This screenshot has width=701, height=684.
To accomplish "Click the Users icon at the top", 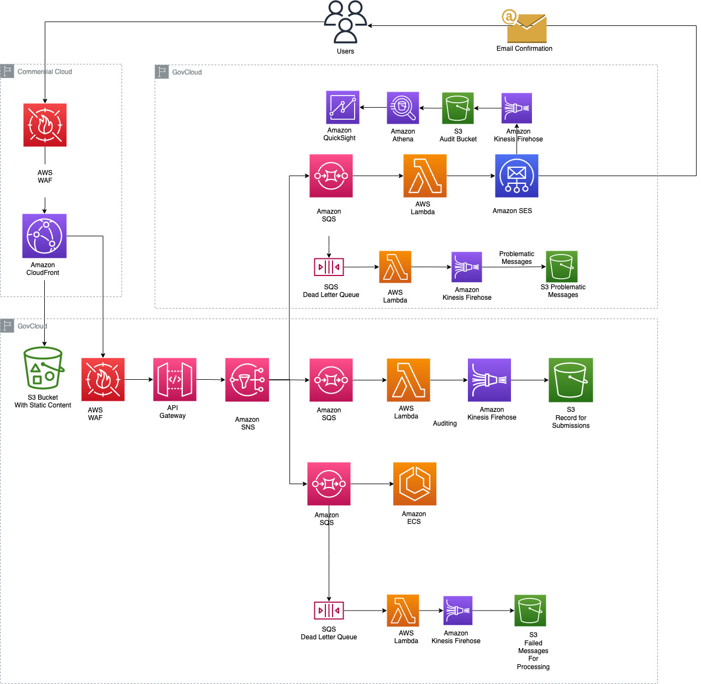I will coord(345,22).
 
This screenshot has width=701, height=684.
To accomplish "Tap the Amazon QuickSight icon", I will coord(342,107).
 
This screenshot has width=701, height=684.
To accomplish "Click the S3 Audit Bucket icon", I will coord(458,108).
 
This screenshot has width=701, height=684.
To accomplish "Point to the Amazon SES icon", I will coord(516,176).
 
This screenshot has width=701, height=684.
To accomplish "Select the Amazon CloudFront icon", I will coord(44,236).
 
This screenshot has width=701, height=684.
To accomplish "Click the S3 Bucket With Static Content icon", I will coord(43,368).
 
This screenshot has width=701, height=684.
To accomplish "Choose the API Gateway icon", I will coord(175,379).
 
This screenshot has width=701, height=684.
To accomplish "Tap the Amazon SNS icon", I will coord(247,379).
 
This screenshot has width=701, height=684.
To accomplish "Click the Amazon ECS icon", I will coord(414,484).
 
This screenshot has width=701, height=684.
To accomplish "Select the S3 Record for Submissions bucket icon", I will coord(571,380).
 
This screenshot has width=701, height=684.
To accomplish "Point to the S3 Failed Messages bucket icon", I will coord(530,610).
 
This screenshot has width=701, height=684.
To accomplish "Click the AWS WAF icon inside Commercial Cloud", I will coord(45,125).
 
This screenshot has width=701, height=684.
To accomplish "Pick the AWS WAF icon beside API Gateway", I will coord(103,379).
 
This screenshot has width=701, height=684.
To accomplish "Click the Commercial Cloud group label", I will coord(44,72).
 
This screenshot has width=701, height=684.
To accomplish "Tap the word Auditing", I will coord(445,423).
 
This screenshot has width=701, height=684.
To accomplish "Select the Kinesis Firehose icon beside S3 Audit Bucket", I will coord(516,108).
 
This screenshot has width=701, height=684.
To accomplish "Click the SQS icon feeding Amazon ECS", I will coord(329,484).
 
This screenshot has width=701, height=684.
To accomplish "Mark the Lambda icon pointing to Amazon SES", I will coord(425,176).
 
